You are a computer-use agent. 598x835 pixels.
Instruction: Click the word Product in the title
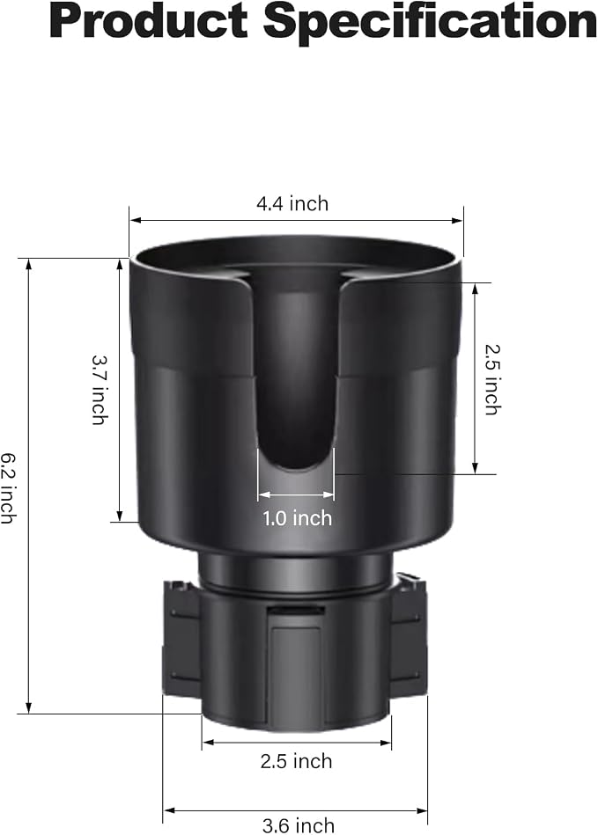(149, 21)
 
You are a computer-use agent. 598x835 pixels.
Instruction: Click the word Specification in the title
(430, 22)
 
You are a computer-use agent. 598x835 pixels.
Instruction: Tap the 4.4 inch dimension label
(292, 203)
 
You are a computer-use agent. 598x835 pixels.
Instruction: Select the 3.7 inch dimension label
(100, 390)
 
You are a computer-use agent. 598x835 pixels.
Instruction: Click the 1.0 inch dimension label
(297, 518)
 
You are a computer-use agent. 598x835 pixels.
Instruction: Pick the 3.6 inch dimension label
(299, 825)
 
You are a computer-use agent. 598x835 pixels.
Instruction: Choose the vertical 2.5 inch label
(493, 380)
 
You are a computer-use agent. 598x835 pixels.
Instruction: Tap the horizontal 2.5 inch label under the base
(296, 761)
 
